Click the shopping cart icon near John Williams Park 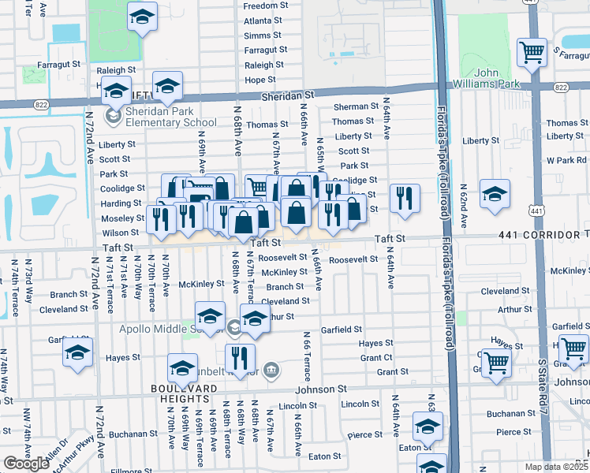532,53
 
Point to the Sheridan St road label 287,94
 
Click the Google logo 26,463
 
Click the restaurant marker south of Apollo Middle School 240,357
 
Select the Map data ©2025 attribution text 557,467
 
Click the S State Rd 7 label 542,371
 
